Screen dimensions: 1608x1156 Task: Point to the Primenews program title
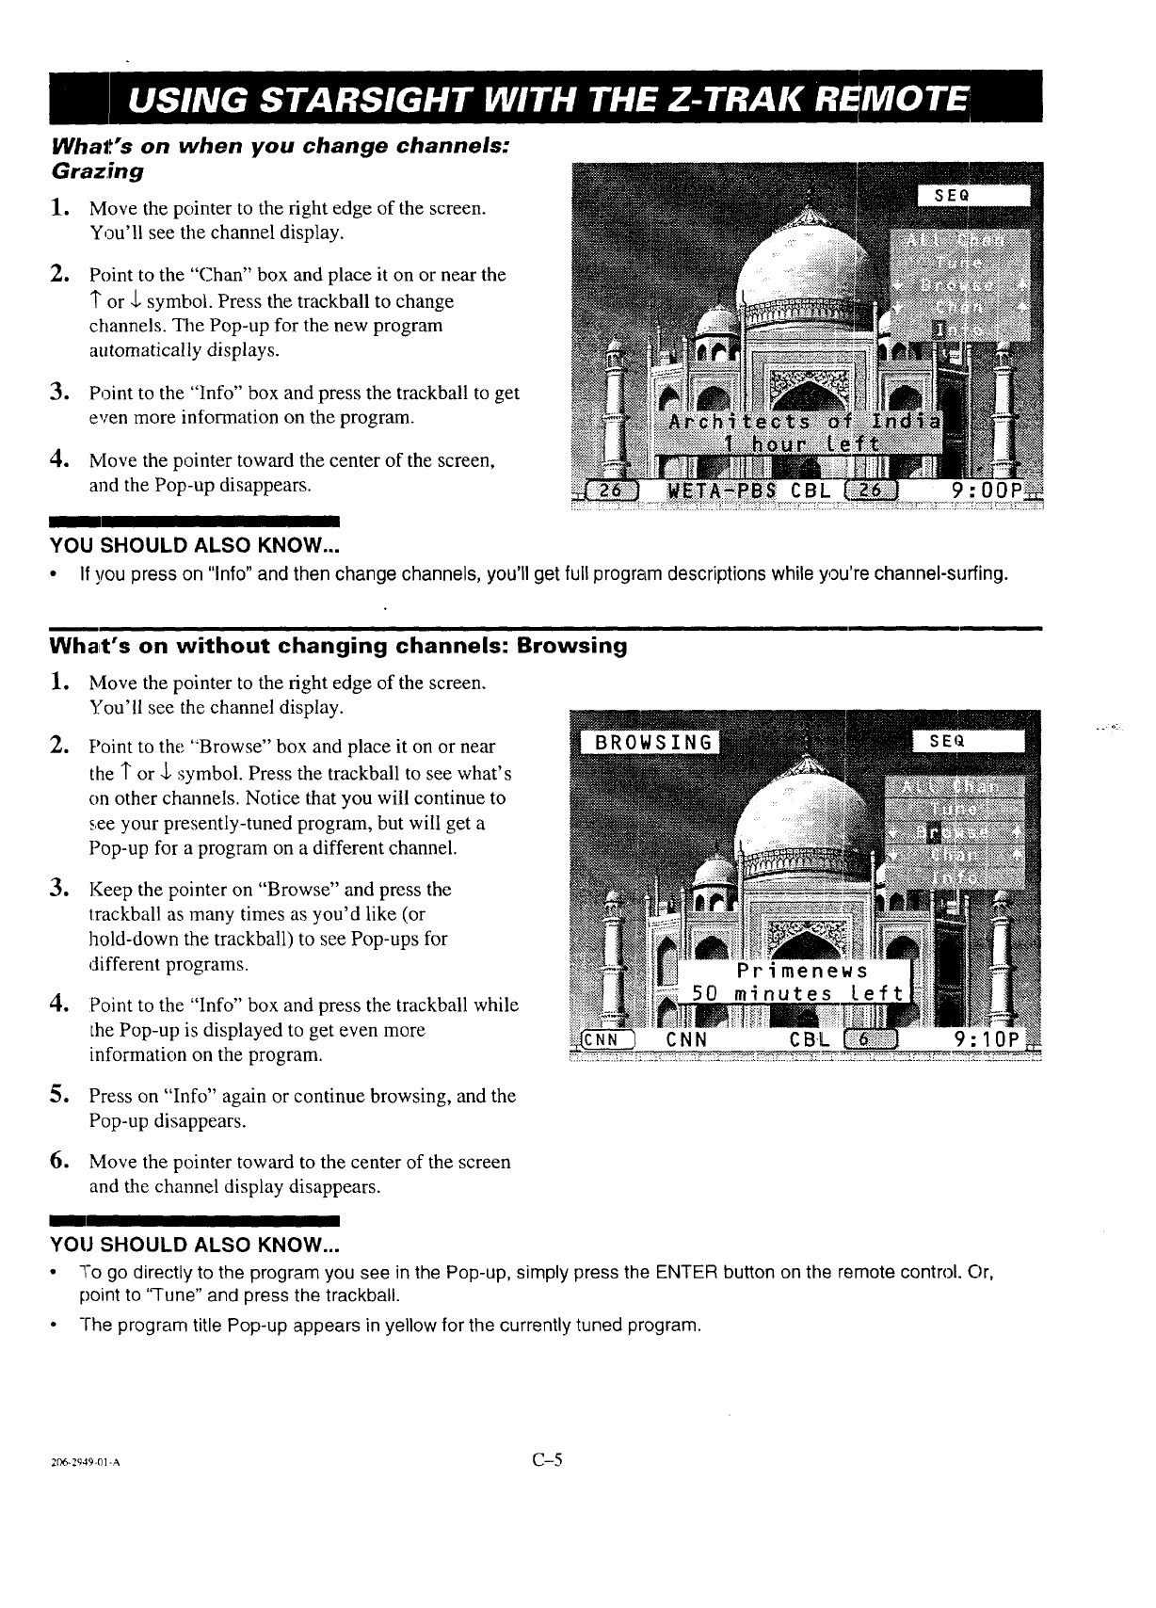click(803, 971)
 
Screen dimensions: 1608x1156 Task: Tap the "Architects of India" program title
click(803, 420)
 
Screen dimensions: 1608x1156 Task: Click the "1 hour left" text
click(801, 443)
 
